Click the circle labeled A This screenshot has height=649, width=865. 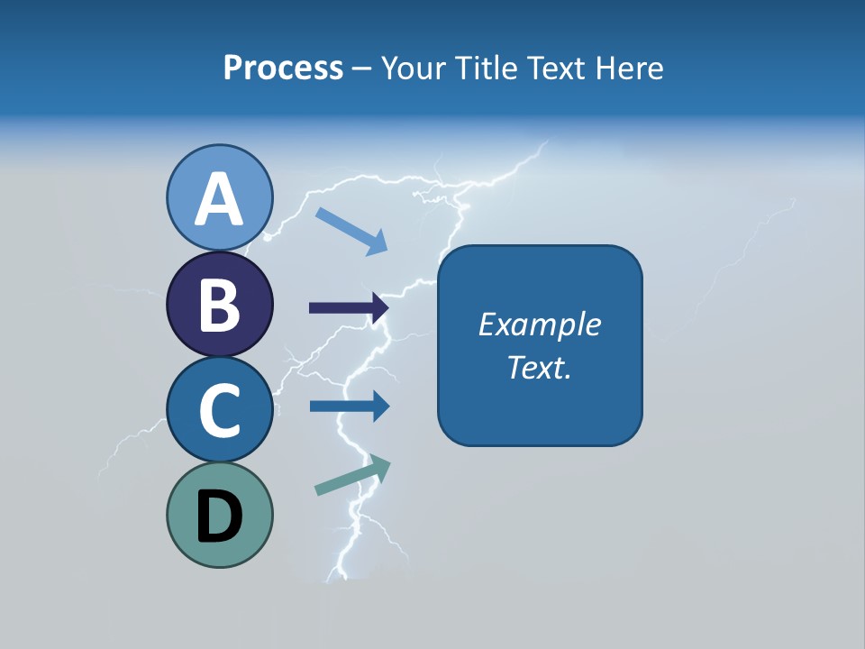click(x=220, y=197)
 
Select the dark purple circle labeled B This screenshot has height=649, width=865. click(x=220, y=304)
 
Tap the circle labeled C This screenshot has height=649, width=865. click(x=220, y=409)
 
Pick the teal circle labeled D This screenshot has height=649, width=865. click(x=220, y=515)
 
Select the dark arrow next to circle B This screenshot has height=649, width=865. click(x=348, y=308)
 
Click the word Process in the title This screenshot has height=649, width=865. click(x=283, y=68)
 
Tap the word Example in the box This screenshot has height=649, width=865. click(x=540, y=324)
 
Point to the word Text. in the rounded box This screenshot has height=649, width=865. click(x=540, y=368)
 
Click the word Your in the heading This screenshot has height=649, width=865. click(x=414, y=68)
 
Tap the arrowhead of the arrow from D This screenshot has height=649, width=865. click(x=381, y=465)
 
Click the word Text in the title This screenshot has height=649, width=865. click(x=552, y=68)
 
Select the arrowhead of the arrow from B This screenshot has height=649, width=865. click(x=379, y=308)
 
